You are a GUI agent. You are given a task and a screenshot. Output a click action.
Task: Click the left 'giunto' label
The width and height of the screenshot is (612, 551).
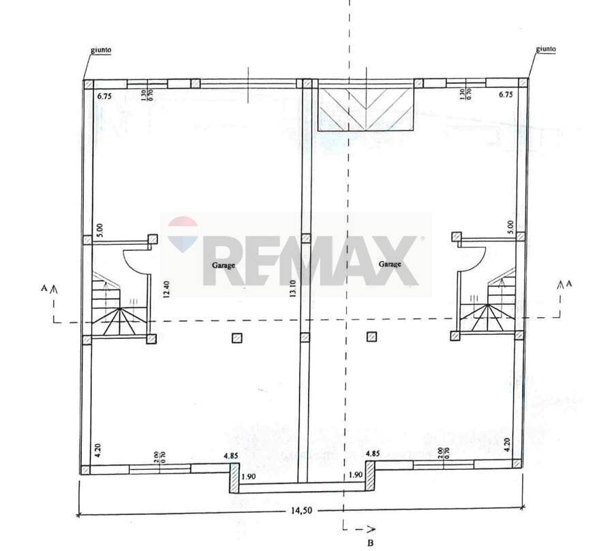coord(101,50)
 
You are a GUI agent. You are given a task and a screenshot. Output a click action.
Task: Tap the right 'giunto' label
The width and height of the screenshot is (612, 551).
coord(546,48)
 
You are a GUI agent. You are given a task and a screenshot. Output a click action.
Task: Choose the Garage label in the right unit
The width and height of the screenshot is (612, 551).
coord(390,264)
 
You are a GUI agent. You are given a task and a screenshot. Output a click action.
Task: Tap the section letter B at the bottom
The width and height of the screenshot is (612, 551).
coord(370,543)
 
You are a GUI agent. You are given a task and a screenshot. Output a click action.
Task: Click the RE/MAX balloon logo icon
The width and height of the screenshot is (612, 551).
coord(183,233)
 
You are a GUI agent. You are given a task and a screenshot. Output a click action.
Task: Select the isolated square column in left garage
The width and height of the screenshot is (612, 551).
coord(236,337)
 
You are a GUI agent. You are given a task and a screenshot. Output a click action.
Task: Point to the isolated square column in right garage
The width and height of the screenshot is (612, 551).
coord(371,336)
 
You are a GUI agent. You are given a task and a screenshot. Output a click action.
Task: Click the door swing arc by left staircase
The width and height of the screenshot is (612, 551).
coord(132,262)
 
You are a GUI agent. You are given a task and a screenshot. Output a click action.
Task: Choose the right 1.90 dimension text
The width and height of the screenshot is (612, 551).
coord(355,475)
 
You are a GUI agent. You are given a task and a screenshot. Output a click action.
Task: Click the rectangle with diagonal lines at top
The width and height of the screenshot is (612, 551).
coord(366,110)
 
